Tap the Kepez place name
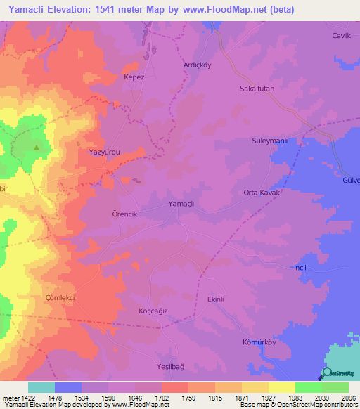[x=134, y=77]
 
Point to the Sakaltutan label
[x=257, y=89]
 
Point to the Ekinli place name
[x=215, y=299]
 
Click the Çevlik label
[x=340, y=36]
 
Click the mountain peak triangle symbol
[x=37, y=148]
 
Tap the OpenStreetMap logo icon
[x=326, y=375]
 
